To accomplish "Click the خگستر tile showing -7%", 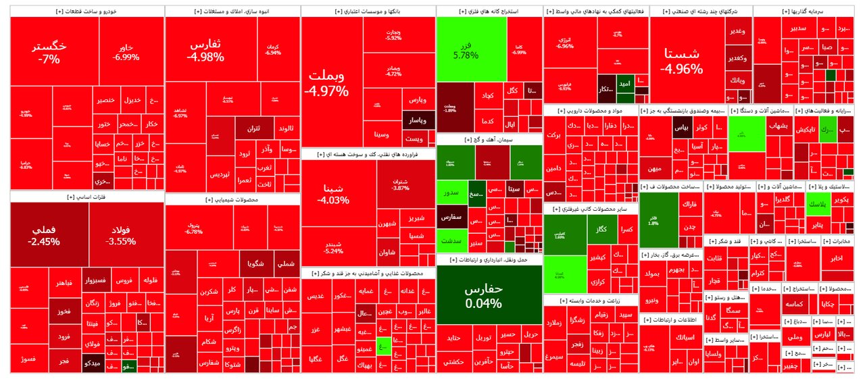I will (x=49, y=53).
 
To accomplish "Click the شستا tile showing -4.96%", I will (x=682, y=61).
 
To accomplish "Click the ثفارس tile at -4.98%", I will (x=205, y=50).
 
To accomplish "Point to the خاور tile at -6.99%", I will (x=126, y=52).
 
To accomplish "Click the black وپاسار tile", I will (x=417, y=121).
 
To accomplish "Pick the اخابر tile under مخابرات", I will (x=837, y=258).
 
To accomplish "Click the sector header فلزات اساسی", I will (x=86, y=197).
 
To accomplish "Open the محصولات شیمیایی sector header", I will (x=232, y=200).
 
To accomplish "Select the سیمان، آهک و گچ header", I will (x=489, y=140).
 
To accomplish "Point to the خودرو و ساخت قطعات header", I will (x=86, y=11).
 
